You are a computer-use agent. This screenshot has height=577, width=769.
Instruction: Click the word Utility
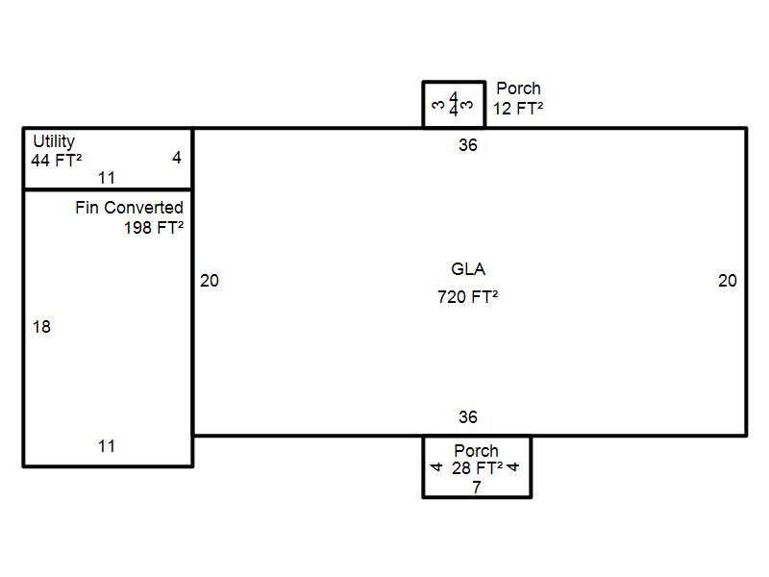click(x=54, y=141)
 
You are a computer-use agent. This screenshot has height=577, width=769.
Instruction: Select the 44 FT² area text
click(x=57, y=160)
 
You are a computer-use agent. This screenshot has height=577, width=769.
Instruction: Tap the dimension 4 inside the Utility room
click(x=177, y=157)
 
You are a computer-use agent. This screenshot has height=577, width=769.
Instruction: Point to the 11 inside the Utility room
click(x=107, y=178)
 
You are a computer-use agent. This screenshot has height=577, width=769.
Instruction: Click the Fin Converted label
click(x=130, y=208)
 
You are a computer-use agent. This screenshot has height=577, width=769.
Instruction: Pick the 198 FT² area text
click(x=154, y=228)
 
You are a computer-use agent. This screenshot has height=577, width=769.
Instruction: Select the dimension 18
click(x=41, y=327)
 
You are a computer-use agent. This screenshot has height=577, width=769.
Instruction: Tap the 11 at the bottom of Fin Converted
click(x=107, y=446)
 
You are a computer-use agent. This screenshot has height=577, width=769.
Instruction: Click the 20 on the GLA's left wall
click(x=210, y=281)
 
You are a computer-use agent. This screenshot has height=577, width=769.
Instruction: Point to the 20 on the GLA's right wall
click(x=728, y=281)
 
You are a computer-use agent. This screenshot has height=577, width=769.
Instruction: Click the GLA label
click(x=468, y=269)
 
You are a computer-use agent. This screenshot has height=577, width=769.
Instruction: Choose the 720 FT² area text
click(x=468, y=297)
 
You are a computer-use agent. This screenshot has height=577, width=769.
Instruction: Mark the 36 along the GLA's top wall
click(x=468, y=145)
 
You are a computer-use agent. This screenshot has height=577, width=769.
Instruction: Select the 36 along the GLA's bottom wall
click(x=468, y=417)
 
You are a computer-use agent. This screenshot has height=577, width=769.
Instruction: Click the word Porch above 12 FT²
click(x=518, y=88)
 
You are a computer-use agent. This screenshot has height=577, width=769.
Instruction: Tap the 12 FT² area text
click(x=518, y=109)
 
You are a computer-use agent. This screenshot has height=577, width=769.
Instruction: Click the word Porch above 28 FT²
click(x=476, y=450)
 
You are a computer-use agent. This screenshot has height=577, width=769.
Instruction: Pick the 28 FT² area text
click(x=477, y=468)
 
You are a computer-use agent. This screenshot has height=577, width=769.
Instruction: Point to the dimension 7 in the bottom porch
click(x=477, y=488)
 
